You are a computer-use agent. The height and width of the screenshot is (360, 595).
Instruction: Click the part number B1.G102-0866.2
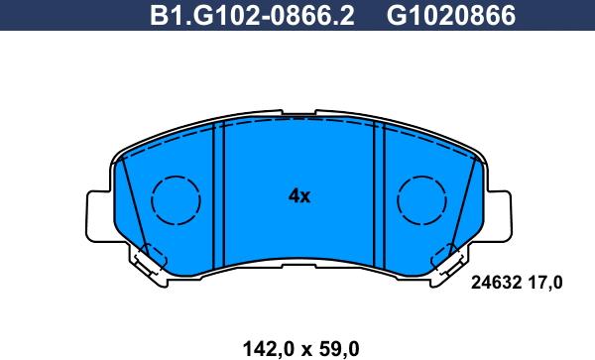click(252, 16)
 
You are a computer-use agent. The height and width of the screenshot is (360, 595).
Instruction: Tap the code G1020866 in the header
click(451, 16)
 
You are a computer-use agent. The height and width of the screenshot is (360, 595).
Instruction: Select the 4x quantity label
click(299, 196)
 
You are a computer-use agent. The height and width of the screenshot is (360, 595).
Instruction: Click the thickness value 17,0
click(544, 283)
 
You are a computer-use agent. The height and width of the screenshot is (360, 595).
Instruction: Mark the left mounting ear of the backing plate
click(99, 216)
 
